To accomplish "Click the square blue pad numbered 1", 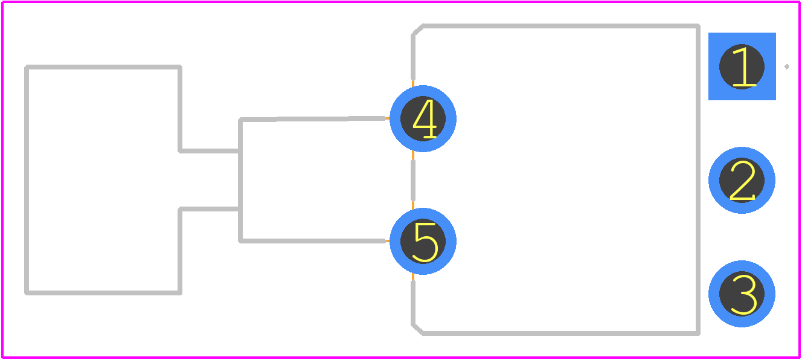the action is click(742, 66).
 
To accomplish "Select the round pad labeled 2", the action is click(742, 180).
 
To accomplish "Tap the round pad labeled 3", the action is click(742, 294).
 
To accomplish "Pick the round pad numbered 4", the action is click(423, 118).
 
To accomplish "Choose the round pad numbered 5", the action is click(423, 241).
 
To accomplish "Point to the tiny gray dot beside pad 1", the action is click(787, 66).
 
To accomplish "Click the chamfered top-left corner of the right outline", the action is click(417, 30).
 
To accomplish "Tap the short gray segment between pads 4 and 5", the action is click(413, 180).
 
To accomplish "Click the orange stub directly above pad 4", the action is click(413, 83).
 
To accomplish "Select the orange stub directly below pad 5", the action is click(413, 277).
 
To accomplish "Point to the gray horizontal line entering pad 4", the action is click(312, 119).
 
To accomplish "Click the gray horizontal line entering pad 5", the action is click(312, 241).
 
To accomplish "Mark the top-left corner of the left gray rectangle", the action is click(27, 67).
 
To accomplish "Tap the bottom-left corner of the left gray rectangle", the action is click(27, 293).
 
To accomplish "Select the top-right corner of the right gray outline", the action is click(698, 26).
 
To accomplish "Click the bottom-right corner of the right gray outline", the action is click(698, 333).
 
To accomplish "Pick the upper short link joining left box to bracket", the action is click(209, 151).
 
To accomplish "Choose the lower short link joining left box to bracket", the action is click(209, 209).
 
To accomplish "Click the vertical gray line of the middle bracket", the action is click(240, 180).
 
